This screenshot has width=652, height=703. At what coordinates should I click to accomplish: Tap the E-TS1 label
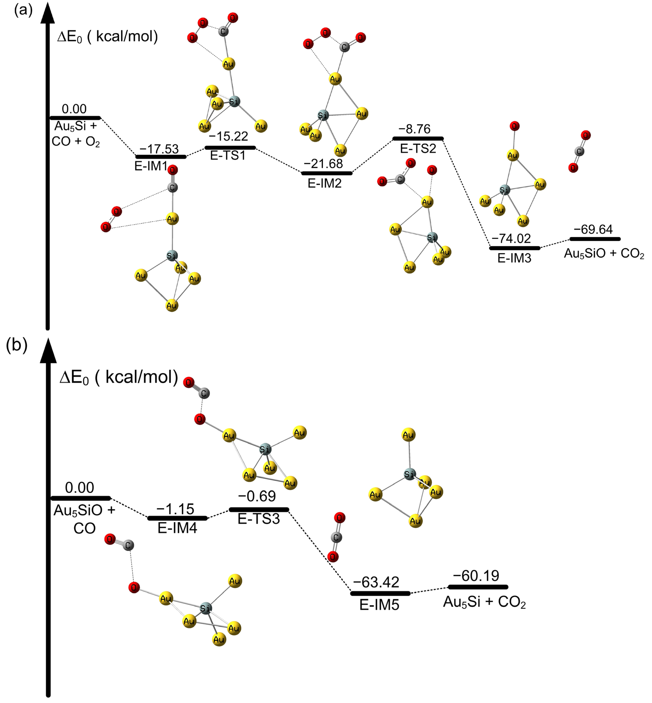[228, 155]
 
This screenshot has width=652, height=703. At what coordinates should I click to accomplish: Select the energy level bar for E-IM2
[326, 173]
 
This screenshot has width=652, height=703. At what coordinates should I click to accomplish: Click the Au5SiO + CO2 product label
[604, 253]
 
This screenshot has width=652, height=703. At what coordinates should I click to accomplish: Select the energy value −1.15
[175, 509]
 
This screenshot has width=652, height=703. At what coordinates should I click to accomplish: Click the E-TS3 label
[259, 519]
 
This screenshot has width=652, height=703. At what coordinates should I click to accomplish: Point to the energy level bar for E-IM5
[380, 593]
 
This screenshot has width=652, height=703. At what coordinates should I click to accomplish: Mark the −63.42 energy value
[376, 582]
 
